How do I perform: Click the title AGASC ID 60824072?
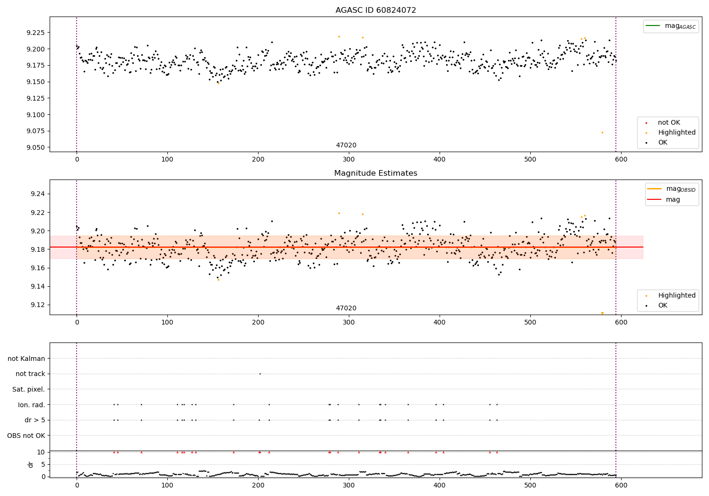coord(376,10)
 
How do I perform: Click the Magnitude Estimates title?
coord(376,173)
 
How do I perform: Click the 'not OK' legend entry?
coord(669,123)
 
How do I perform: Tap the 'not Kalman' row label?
coord(26,359)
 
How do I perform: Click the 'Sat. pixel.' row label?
coord(28,389)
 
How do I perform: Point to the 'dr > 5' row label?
coord(35,420)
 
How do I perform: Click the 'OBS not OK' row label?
coord(26,436)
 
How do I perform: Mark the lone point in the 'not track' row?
coord(260,374)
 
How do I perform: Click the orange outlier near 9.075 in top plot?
coord(602,132)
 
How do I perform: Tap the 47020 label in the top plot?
coord(346,145)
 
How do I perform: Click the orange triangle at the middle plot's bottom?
coord(602,313)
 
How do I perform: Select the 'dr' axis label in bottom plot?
coord(31,464)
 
